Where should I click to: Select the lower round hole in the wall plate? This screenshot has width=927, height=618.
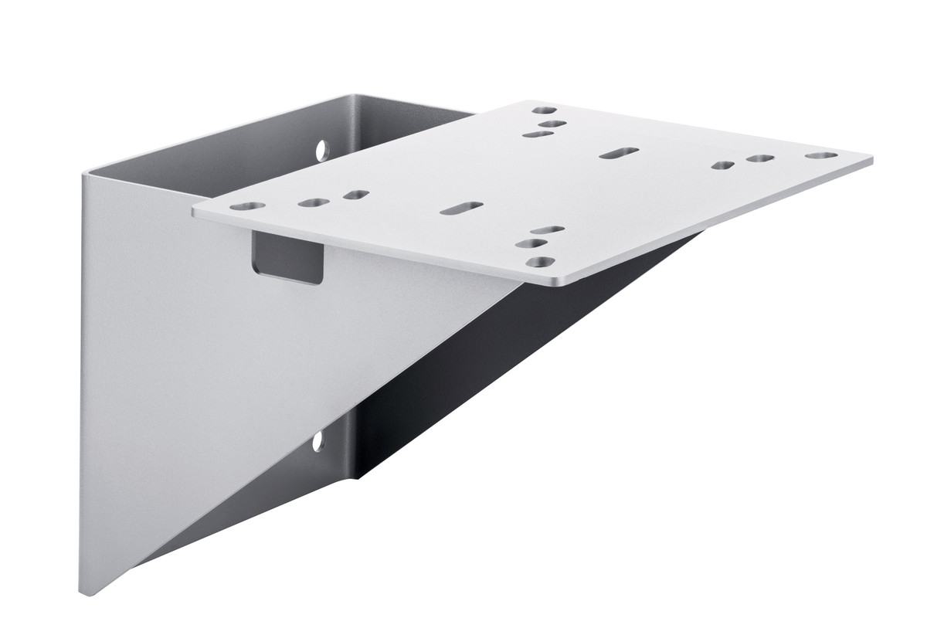pos(317,441)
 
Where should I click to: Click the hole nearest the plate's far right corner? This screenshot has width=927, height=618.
pos(820,155)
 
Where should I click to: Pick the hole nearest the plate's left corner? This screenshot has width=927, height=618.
pos(247,206)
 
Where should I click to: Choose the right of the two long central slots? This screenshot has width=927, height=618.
pos(619,153)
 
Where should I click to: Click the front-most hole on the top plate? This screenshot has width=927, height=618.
pos(540,262)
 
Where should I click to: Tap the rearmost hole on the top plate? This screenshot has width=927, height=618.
pos(544,110)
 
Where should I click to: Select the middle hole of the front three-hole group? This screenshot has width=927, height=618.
pos(531,243)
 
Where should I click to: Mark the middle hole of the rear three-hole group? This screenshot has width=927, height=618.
pos(552,124)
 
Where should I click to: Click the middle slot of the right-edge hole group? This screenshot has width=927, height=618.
pos(760,158)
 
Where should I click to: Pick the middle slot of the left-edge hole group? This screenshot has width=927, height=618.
pos(313,202)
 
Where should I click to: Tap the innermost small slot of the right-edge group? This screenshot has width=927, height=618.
pos(723,165)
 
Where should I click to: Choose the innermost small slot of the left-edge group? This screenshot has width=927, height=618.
pos(356,195)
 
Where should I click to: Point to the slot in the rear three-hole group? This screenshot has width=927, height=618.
pos(538,134)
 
